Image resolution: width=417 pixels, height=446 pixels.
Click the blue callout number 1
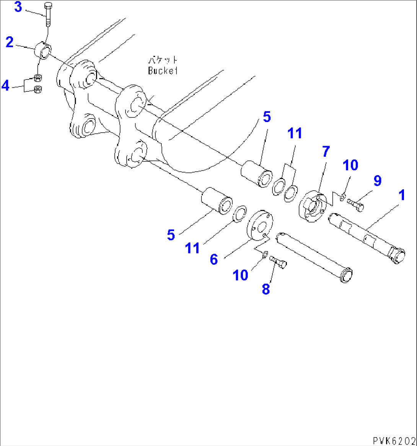click(x=401, y=196)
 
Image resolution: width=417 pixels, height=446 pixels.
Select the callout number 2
click(x=10, y=42)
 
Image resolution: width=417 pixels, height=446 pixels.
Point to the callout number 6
click(x=214, y=259)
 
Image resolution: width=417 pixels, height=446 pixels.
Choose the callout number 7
click(x=325, y=152)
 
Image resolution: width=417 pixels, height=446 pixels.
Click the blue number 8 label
click(x=266, y=289)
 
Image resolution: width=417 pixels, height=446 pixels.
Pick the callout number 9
click(x=377, y=181)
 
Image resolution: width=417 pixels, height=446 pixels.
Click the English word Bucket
click(x=163, y=71)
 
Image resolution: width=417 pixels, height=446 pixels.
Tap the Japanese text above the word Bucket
click(x=163, y=60)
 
